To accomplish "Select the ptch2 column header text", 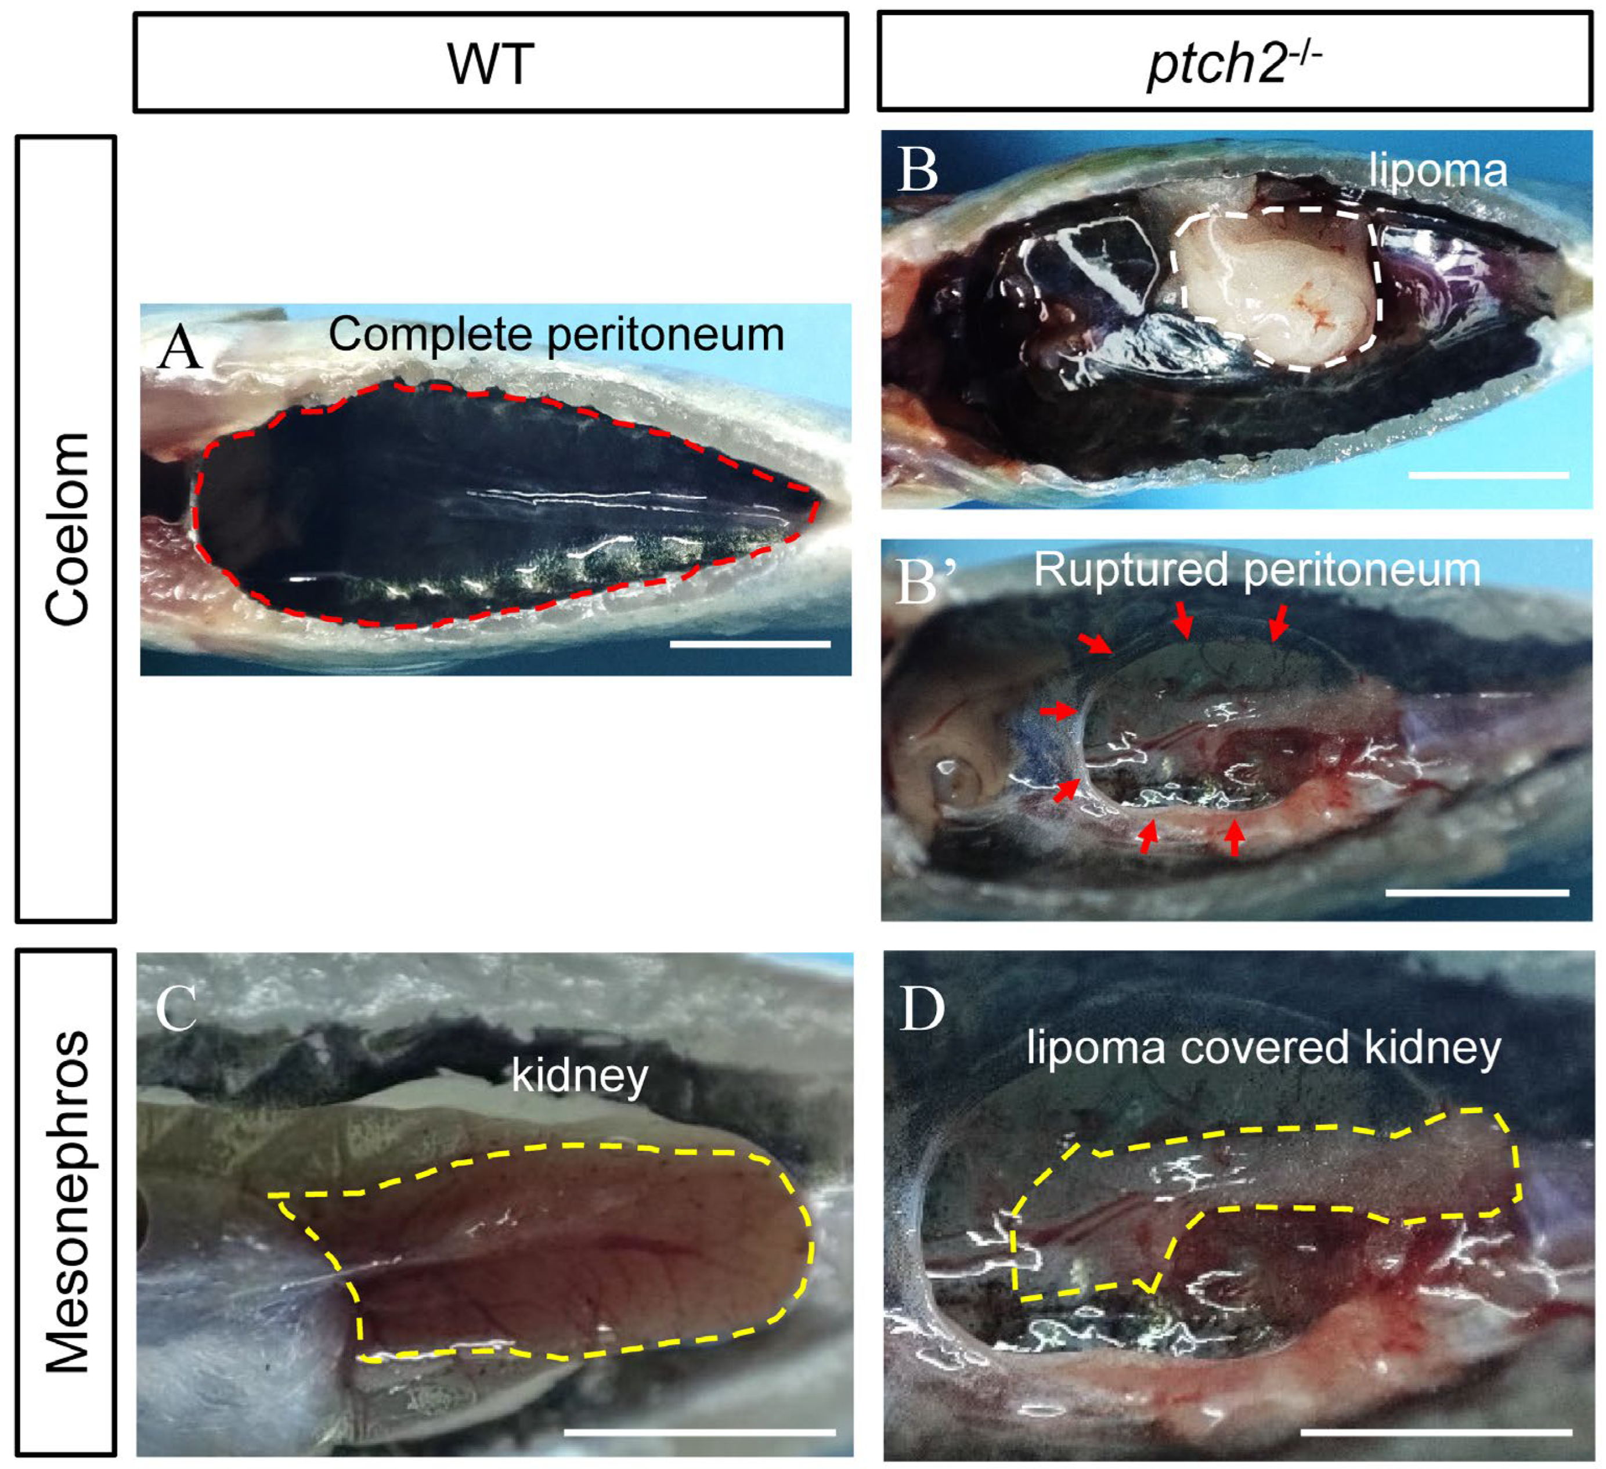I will coord(1234,62).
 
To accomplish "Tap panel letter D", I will coord(922,1009).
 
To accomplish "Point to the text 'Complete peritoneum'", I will coord(556,334).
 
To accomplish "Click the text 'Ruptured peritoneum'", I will coord(1256,571).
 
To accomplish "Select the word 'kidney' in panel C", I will coord(579,1076).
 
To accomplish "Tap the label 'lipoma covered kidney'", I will coord(1264,1048).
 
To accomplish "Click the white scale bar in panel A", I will coord(750,644).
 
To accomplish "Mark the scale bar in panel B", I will coord(1488,475).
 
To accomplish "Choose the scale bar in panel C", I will coord(699,1431).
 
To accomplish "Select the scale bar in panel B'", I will coord(1477,892).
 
